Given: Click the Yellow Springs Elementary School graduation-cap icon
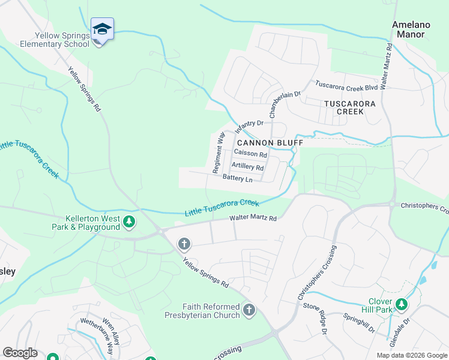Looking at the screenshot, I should point(102,29).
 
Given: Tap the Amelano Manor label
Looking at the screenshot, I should point(408,29).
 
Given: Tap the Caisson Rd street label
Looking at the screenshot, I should point(250,154).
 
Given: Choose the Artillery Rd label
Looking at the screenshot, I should point(247,167).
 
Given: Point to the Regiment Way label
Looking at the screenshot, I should point(218,152).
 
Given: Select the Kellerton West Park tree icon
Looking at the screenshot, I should point(128,223).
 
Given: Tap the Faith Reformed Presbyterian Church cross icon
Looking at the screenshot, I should point(249,310).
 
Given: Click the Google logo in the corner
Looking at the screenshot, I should point(20,353).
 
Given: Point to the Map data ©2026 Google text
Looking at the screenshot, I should point(411,355).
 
